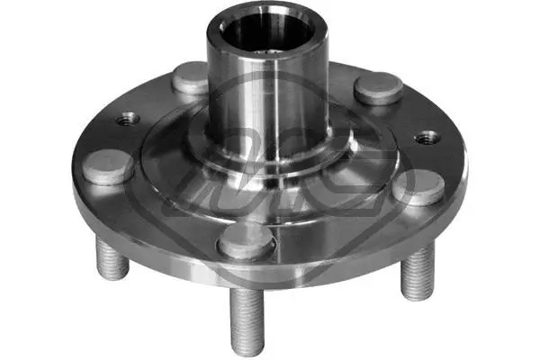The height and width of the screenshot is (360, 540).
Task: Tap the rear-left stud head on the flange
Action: [x=190, y=78]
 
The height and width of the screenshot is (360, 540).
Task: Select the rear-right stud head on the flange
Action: [x=378, y=87]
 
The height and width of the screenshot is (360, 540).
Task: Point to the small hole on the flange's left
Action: [x=127, y=117]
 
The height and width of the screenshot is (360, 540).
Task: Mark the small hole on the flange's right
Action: [x=427, y=138]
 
